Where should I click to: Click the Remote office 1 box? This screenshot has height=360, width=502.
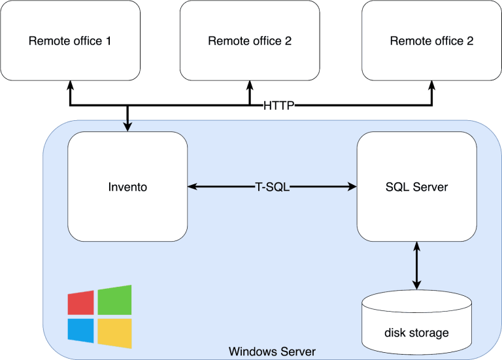tap(70, 41)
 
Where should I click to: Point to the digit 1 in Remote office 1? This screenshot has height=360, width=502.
tap(109, 41)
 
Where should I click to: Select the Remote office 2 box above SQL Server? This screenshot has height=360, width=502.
tap(431, 41)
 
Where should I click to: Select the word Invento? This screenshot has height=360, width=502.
tap(127, 187)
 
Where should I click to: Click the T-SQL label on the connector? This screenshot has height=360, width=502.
tap(271, 187)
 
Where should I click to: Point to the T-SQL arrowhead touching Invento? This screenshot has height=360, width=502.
tap(192, 187)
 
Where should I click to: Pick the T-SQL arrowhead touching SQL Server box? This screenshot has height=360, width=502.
tap(352, 187)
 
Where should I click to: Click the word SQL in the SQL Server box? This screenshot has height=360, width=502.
tap(397, 187)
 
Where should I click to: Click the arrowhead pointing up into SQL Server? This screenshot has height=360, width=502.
tap(416, 246)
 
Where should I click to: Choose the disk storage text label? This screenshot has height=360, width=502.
tap(416, 333)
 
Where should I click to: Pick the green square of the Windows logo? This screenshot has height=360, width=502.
tap(115, 299)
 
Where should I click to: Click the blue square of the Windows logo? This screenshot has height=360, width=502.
tap(81, 331)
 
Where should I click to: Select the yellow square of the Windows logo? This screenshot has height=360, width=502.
tap(115, 333)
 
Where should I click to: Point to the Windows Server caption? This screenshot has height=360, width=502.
tap(272, 352)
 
